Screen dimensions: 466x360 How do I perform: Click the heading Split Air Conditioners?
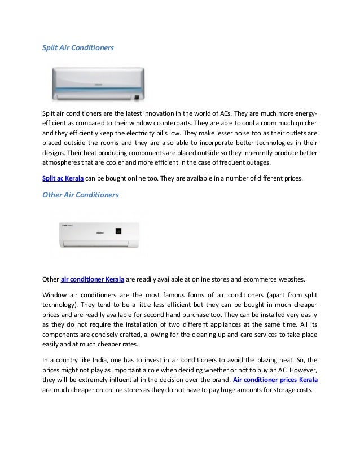point(78,49)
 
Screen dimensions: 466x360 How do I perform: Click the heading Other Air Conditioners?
point(81,195)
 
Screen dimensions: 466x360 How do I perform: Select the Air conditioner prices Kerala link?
point(275,380)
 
